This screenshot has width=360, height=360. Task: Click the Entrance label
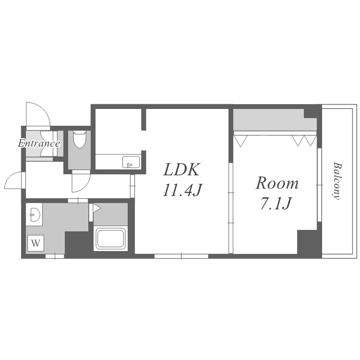coord(39,144)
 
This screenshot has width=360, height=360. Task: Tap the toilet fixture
coord(79,139)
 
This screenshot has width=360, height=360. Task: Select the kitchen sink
coord(131,162)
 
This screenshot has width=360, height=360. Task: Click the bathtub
coord(111,238)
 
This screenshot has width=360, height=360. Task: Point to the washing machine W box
coord(36,243)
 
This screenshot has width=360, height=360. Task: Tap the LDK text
coord(181,169)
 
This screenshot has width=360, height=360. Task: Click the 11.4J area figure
coord(182,191)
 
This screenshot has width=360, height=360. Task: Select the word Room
coord(277,183)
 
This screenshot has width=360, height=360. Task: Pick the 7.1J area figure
coord(276,204)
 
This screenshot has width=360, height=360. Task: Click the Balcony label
coord(337,181)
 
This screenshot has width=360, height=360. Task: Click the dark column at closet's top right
coord(311,113)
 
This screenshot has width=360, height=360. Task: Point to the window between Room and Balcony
coord(319,185)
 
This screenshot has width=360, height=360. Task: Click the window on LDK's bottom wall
coord(181,256)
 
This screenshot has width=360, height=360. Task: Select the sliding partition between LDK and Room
coord(231,208)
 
